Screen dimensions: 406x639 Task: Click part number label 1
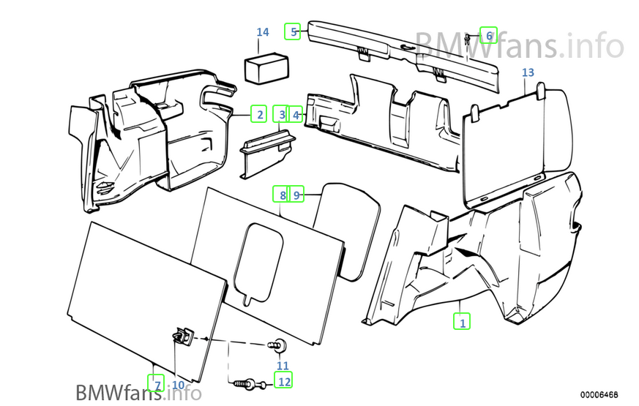(461, 320)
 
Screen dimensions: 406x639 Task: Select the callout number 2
(258, 114)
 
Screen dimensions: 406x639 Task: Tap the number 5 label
(293, 31)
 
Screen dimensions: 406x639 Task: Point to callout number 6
(488, 34)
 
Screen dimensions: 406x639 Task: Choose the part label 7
(154, 383)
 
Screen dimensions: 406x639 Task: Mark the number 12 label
(283, 380)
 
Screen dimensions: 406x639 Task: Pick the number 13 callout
(528, 72)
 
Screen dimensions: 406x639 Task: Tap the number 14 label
(263, 32)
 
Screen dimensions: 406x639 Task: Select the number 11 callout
(283, 366)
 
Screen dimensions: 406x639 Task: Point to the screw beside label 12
(247, 382)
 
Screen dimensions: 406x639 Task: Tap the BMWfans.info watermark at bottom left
(138, 392)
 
